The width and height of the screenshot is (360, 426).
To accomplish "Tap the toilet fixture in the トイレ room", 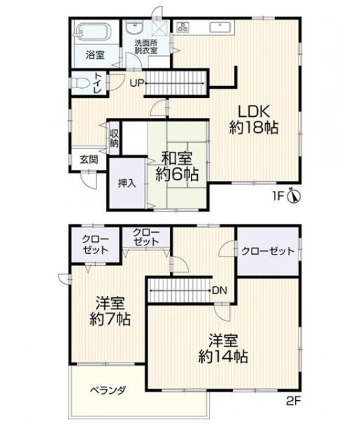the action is [80, 83].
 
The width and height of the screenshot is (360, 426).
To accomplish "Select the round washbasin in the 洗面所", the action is [135, 28].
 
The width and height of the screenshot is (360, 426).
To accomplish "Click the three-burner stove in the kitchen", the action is [182, 27].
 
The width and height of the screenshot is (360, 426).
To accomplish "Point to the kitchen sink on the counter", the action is [220, 28].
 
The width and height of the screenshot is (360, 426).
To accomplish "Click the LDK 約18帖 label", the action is [254, 120].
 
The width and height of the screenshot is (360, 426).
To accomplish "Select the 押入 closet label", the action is [127, 184].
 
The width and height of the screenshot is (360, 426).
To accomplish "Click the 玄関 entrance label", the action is [89, 159].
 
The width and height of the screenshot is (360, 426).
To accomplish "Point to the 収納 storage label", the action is [114, 138].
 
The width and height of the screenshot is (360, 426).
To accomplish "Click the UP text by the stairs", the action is [136, 83].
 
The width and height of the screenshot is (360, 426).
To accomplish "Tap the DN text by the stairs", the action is [219, 290].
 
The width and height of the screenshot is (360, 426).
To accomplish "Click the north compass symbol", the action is [294, 196].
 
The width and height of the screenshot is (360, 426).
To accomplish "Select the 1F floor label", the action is [278, 196].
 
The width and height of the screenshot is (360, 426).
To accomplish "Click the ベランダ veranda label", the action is [108, 390].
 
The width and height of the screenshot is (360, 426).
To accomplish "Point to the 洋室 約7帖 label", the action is [110, 311].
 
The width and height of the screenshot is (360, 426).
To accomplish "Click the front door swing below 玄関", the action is [89, 180].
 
